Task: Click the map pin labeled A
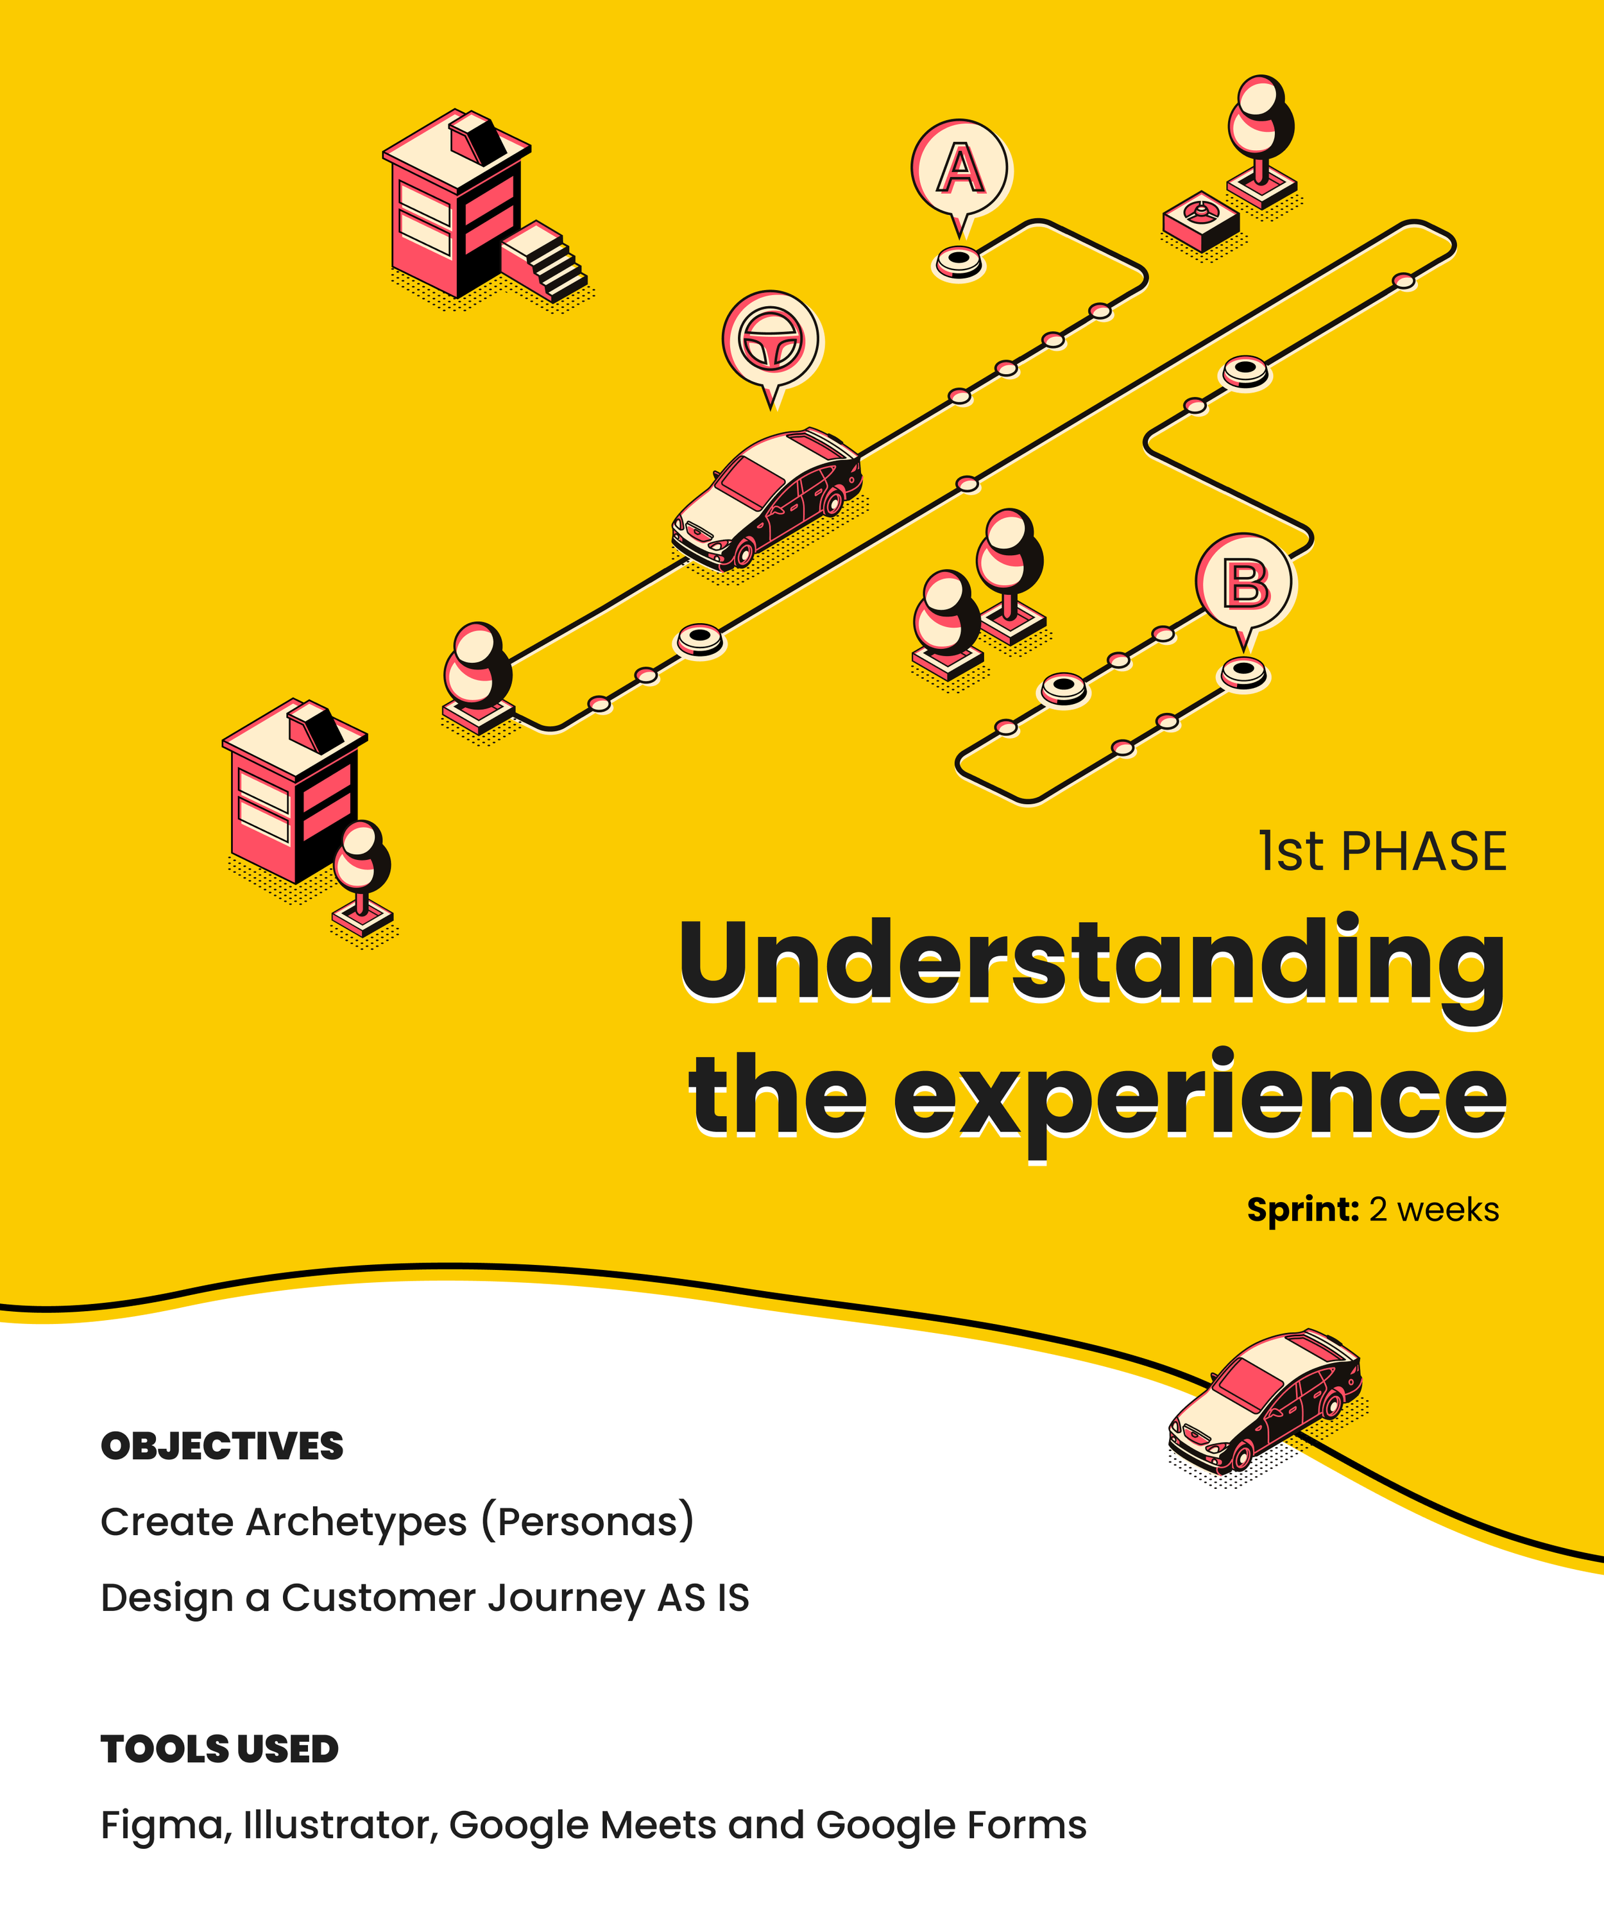(x=960, y=170)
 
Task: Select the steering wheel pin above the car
(x=772, y=341)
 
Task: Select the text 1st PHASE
(x=1382, y=853)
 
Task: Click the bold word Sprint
(x=1302, y=1210)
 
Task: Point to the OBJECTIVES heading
(x=222, y=1447)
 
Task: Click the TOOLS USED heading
(x=219, y=1749)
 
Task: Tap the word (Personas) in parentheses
(x=588, y=1522)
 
